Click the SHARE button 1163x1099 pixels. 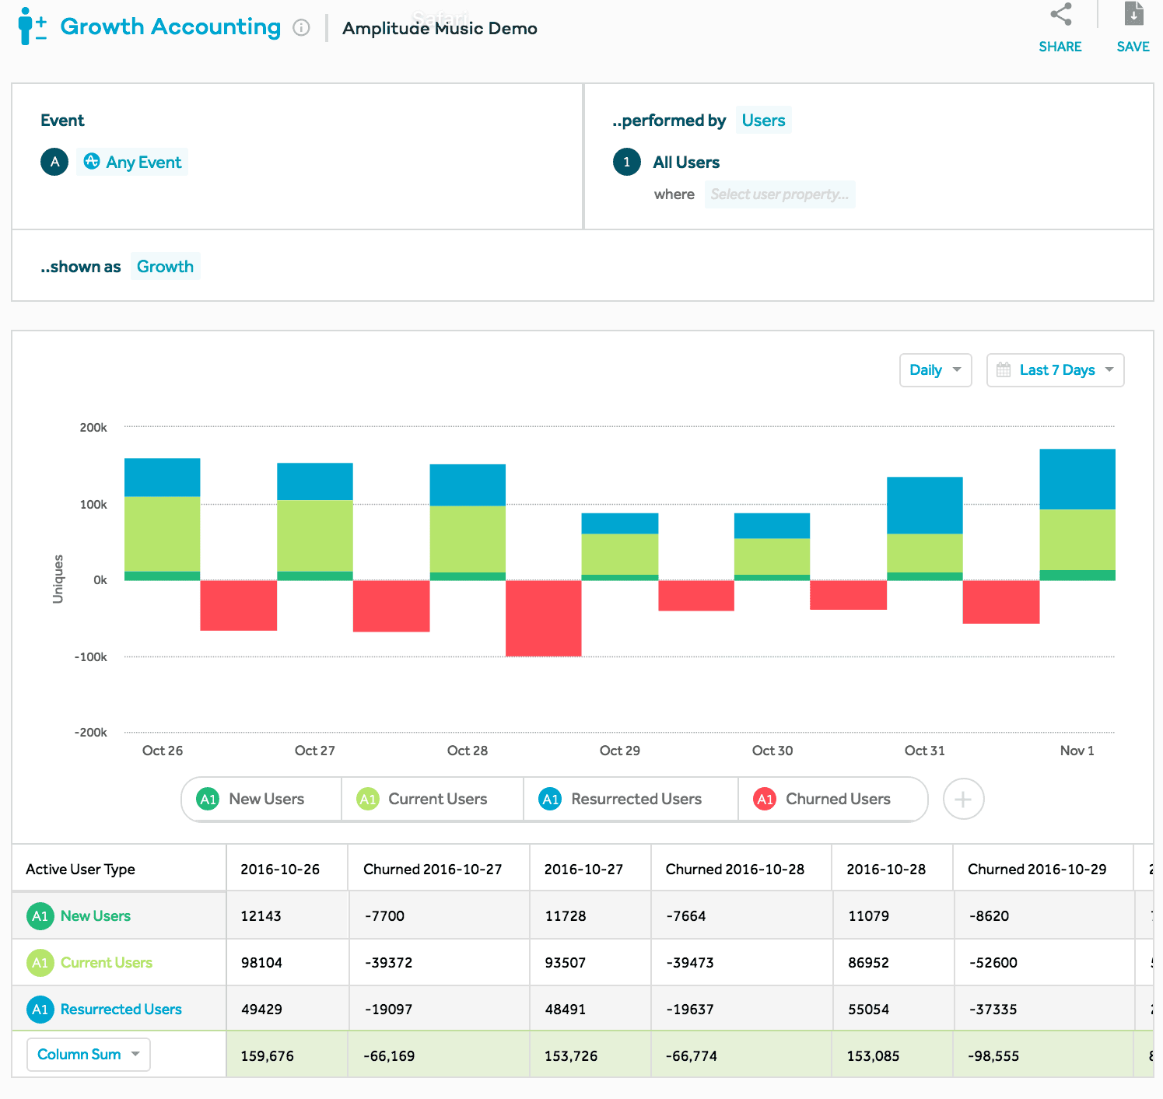tap(1060, 28)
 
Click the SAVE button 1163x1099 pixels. tap(1133, 28)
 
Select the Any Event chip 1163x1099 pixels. tap(132, 162)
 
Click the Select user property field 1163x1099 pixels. tap(779, 194)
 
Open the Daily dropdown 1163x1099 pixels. tap(935, 370)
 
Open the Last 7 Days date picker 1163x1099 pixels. tap(1055, 370)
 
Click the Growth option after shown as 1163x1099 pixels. tap(165, 267)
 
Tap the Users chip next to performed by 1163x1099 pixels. tap(763, 121)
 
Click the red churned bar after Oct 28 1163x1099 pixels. tap(543, 618)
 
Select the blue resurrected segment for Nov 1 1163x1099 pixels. tap(1077, 479)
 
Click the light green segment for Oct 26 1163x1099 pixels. tap(162, 534)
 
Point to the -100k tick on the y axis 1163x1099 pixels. tap(91, 657)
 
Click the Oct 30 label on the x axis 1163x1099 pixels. tap(772, 751)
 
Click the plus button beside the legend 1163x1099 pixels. tap(963, 800)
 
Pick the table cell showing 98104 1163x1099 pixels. tap(261, 963)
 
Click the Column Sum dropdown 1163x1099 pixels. tap(88, 1055)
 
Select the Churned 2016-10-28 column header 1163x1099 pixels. tap(734, 870)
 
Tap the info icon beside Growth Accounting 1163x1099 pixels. tap(301, 28)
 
